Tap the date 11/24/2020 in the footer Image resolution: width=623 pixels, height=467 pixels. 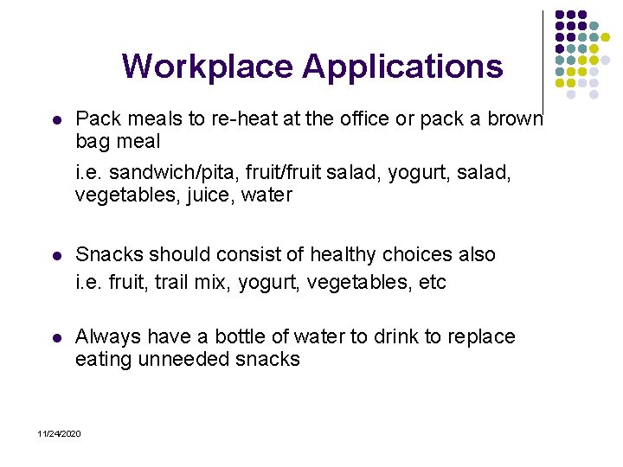[59, 432]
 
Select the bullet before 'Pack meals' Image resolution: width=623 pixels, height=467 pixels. [56, 119]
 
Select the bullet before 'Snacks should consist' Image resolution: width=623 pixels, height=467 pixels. [56, 256]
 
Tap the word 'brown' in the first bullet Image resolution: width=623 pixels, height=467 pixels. [516, 118]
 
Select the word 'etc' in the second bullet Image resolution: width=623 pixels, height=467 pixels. [432, 282]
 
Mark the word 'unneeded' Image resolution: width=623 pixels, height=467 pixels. [180, 359]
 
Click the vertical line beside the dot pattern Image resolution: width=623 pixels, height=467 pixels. [543, 61]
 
